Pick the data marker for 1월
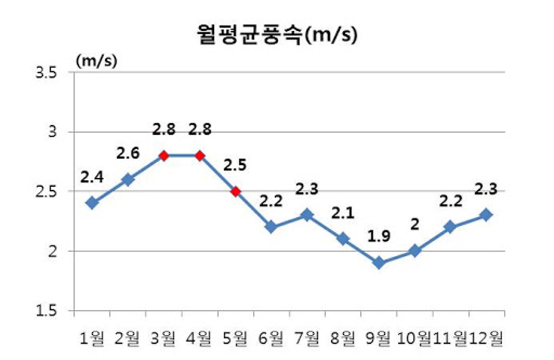click(x=92, y=203)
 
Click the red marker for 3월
click(x=163, y=155)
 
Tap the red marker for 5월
click(x=235, y=191)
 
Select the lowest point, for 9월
click(x=379, y=263)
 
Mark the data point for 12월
click(x=486, y=215)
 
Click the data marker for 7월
click(x=307, y=215)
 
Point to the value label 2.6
click(x=128, y=154)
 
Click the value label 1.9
click(x=379, y=237)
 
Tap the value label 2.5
click(x=235, y=165)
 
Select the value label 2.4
click(x=92, y=177)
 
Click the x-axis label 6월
click(x=271, y=339)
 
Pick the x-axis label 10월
click(x=415, y=339)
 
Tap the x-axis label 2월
click(x=128, y=339)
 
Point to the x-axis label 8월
click(x=343, y=339)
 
